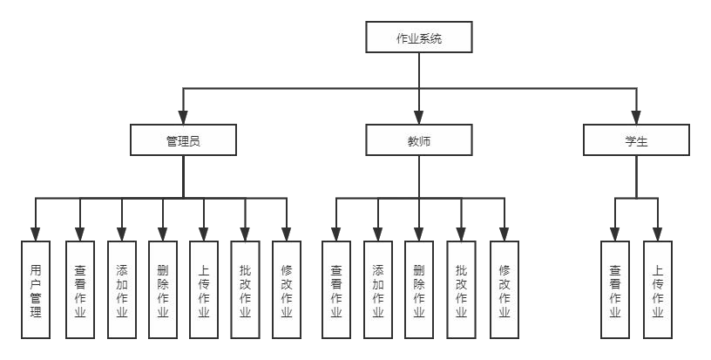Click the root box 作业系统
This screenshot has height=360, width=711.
point(418,37)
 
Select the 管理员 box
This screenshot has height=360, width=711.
point(183,139)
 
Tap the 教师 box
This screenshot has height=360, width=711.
point(418,139)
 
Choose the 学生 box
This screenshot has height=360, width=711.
point(636,139)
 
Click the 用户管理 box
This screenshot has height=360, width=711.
point(36,289)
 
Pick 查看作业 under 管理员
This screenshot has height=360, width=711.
point(80,289)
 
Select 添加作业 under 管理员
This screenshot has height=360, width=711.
point(121,289)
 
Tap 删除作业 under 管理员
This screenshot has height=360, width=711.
point(162,289)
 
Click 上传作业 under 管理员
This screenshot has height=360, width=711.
point(204,289)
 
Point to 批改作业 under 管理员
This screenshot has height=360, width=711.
point(245,289)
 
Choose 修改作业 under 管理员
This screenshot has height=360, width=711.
point(287,289)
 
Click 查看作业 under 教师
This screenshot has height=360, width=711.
point(336,289)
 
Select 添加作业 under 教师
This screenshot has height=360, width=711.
point(378,289)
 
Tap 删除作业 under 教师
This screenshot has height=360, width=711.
point(419,289)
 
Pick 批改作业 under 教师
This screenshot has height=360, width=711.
point(462,289)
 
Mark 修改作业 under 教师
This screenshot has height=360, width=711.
point(504,289)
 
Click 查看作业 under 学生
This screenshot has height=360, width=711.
point(615,289)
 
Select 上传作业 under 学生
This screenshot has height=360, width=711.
point(658,289)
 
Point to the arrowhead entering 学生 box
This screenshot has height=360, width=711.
point(636,119)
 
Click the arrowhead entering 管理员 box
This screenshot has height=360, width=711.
point(183,119)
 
